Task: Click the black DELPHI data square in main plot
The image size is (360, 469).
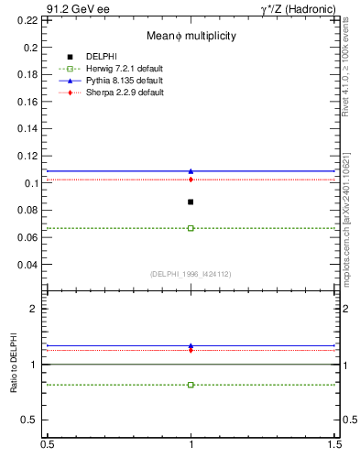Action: coord(191,202)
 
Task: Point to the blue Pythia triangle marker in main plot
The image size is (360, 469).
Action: coord(191,171)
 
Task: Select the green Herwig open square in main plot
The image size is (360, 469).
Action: coord(191,228)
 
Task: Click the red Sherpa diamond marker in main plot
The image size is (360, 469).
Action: coord(191,180)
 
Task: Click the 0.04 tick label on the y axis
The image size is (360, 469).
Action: coord(29,265)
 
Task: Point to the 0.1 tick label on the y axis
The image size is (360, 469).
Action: coord(33,183)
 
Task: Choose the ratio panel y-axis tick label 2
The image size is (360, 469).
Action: coord(36,309)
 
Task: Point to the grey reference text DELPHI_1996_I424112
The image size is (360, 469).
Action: coord(190,273)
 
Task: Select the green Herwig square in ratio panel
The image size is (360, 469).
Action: coord(191,385)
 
